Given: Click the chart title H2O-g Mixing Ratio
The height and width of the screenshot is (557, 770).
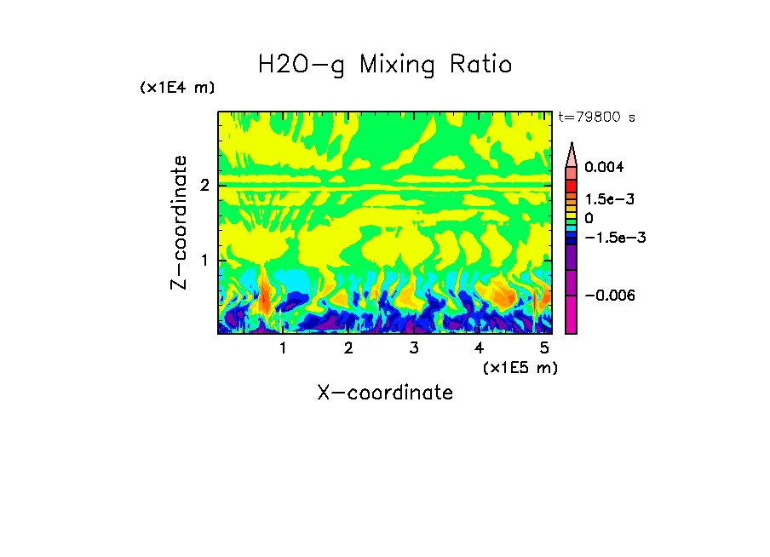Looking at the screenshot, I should coord(385,64).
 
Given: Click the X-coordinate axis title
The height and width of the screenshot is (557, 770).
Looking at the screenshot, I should coord(385,393).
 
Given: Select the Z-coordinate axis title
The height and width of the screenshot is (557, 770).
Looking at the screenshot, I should coord(179,222).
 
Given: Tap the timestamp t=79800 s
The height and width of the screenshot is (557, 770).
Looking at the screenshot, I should coord(596,118).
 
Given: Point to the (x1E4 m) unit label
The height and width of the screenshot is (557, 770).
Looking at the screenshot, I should coord(177,88).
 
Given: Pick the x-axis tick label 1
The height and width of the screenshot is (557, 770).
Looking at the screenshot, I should coord(283,348).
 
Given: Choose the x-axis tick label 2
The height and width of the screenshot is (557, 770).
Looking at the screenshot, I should coord(348,348).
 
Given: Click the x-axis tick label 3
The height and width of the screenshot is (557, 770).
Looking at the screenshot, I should coord(413,348).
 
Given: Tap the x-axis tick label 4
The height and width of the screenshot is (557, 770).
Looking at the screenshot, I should coord(479,348).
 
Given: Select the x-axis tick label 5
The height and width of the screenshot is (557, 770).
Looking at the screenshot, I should coord(543,348).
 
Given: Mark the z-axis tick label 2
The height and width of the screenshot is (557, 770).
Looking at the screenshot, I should coord(204,186).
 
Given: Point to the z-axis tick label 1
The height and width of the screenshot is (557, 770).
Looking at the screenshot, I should coord(204,260).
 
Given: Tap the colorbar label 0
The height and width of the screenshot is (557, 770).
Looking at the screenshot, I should coord(589,219).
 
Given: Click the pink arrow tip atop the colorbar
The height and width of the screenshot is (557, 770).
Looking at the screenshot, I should coord(572,152).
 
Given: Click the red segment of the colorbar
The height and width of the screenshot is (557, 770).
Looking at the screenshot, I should coord(572,186).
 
